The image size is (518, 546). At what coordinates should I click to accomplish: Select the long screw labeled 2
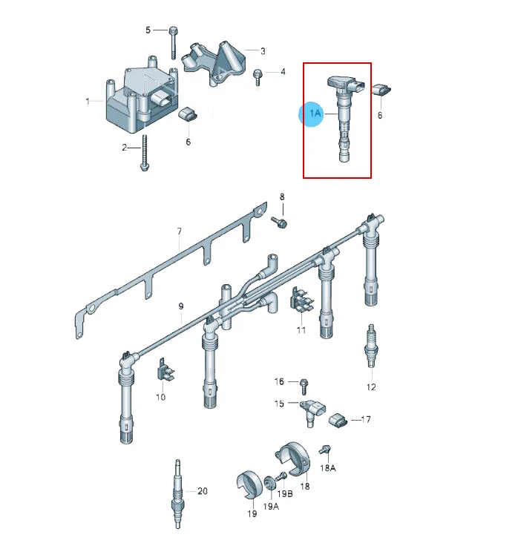coord(144,154)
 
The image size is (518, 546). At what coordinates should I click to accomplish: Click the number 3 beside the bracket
coord(263,51)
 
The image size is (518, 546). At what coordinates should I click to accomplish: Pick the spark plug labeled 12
coord(371,346)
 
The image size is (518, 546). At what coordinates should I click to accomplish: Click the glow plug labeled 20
coord(177,494)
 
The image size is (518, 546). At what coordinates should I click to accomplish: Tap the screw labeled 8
coord(279,222)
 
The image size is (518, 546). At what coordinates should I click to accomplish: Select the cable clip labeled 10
coord(164,369)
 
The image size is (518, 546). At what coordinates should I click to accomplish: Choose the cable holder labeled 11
coord(301,300)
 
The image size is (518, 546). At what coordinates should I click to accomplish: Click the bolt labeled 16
coord(304,386)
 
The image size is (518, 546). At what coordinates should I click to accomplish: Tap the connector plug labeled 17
coord(338,421)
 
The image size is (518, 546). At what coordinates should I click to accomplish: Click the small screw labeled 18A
coord(324,450)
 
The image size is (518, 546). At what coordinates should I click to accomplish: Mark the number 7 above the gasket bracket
coord(180,231)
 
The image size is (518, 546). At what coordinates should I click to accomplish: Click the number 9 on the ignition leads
coord(181,306)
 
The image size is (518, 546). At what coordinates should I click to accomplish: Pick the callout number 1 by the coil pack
coord(88,101)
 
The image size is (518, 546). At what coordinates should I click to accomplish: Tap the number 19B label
coord(285,494)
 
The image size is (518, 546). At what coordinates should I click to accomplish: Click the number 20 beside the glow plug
coord(203,491)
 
